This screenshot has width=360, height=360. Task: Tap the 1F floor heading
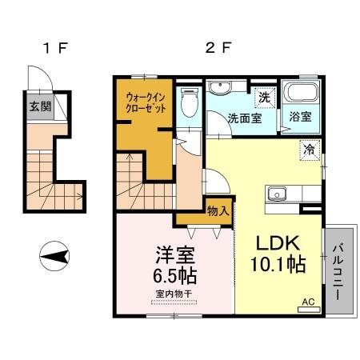pyautogui.click(x=54, y=47)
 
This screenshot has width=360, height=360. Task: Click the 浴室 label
pyautogui.click(x=302, y=118)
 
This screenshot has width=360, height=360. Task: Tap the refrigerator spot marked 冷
pyautogui.click(x=309, y=147)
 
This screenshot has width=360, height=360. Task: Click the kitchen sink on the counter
pyautogui.click(x=278, y=193)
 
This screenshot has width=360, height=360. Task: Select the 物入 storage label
pyautogui.click(x=217, y=211)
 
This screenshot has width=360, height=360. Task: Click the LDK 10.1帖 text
pyautogui.click(x=279, y=254)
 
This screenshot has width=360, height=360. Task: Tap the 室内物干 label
pyautogui.click(x=174, y=294)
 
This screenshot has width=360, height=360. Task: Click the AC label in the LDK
pyautogui.click(x=308, y=302)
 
